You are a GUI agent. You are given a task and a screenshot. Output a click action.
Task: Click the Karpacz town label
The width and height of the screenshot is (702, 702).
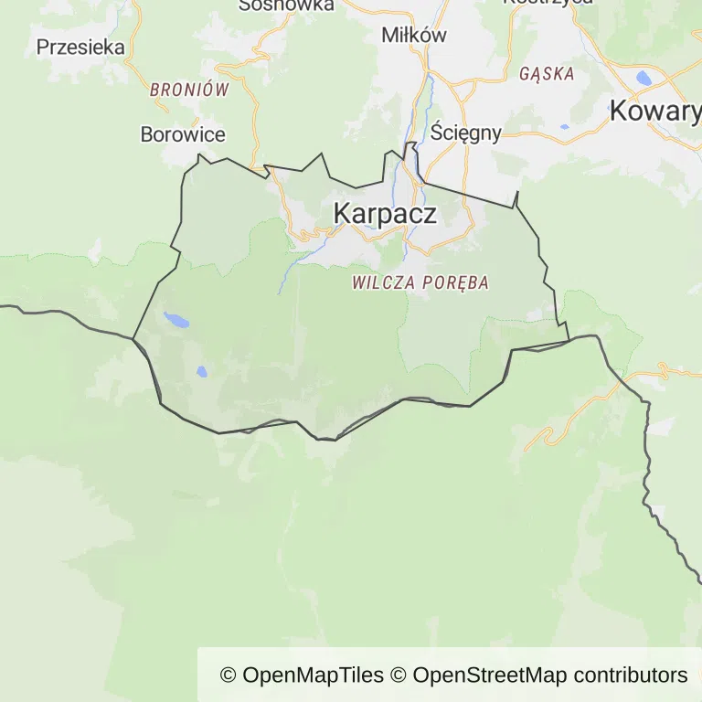tap(385, 214)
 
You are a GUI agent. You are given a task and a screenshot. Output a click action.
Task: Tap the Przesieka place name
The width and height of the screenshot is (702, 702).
tap(80, 48)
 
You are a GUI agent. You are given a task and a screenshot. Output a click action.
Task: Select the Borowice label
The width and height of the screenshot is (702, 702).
tap(183, 134)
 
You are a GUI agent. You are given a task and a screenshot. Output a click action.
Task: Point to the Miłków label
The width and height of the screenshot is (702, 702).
tap(414, 36)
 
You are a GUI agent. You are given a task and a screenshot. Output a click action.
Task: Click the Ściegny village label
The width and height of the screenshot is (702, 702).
tap(466, 133)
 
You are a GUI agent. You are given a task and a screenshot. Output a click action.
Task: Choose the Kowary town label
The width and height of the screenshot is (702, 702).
tap(654, 112)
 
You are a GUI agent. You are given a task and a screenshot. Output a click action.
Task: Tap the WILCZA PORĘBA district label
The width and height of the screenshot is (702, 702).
tap(420, 283)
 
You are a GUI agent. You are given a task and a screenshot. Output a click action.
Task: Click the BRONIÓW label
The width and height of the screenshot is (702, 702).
tap(189, 90)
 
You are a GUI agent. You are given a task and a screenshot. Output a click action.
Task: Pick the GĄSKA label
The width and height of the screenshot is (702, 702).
tap(547, 74)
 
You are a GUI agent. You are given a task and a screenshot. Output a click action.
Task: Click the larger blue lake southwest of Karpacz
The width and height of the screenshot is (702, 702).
tap(176, 320)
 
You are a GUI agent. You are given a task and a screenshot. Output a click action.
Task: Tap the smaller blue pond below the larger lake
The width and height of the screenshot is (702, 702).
tap(200, 372)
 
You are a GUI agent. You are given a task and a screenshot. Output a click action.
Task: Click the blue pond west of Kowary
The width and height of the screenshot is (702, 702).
tap(644, 78)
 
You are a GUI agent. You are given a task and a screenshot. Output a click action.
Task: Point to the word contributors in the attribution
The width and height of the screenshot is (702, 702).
tap(631, 675)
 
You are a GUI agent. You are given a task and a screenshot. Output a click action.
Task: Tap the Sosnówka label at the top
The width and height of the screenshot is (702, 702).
tap(286, 5)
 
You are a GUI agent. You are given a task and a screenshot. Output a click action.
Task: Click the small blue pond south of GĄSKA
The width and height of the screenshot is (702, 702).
tap(564, 126)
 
